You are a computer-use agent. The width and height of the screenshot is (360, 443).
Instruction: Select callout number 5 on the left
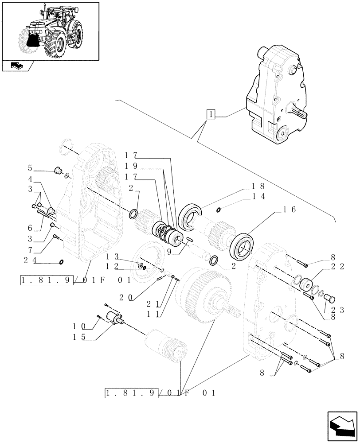pyautogui.click(x=30, y=168)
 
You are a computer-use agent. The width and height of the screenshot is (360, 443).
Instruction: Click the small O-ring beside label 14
pyautogui.click(x=219, y=209)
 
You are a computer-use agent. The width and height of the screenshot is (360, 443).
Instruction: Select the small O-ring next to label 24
pyautogui.click(x=61, y=261)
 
